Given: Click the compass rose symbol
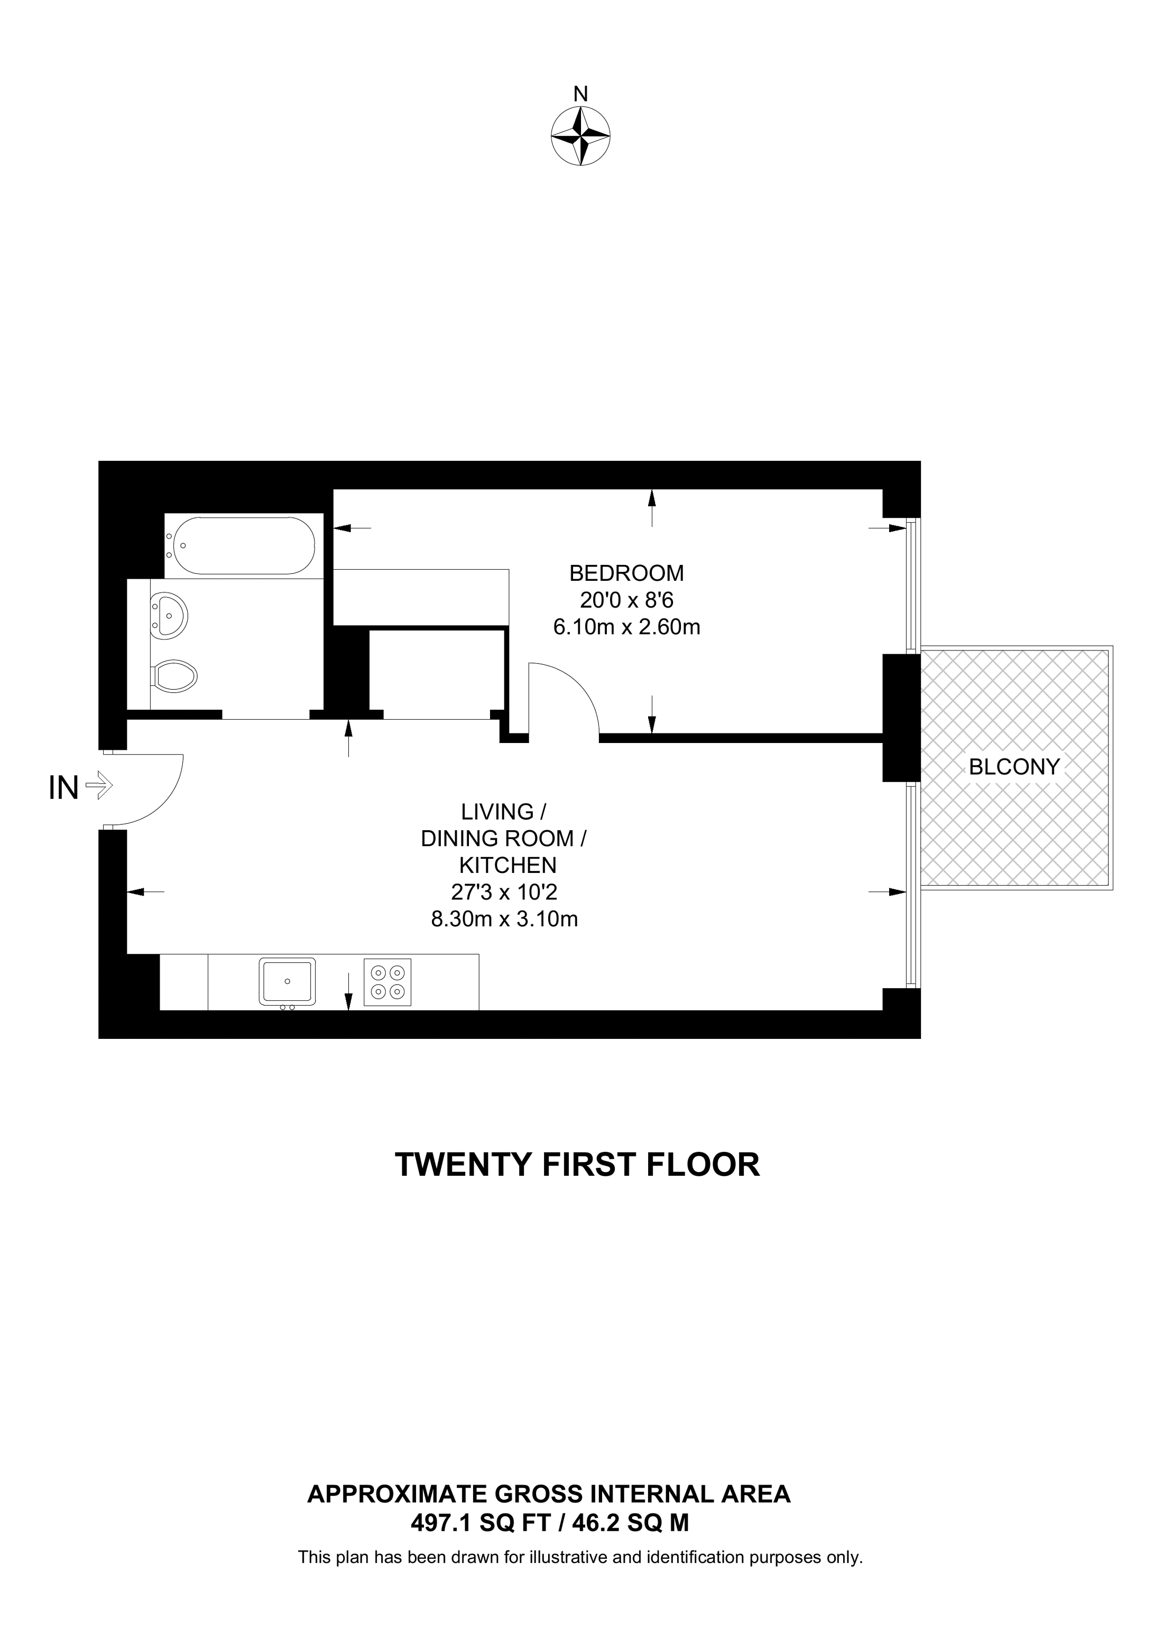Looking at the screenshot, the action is point(580,136).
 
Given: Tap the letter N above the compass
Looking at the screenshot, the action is point(580,94).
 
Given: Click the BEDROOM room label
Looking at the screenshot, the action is point(626,573).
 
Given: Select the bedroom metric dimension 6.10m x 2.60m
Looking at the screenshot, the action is point(626,628).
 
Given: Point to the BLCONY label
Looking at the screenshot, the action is point(1014,767).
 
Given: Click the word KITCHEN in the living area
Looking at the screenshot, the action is point(507,866).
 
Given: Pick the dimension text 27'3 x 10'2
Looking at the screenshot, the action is point(504,892).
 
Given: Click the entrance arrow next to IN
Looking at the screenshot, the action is point(99,785).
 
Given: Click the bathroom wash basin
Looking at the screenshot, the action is point(169,614).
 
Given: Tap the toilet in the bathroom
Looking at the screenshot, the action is point(174,676).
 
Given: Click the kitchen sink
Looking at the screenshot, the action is point(287,981).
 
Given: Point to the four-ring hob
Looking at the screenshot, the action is point(387,982).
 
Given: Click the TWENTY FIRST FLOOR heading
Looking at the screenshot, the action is point(578,1166).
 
